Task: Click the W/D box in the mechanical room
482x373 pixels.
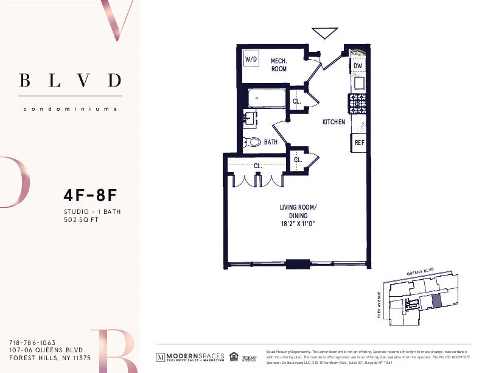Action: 250,59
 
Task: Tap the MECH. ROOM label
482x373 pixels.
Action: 279,65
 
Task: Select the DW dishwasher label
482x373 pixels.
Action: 358,66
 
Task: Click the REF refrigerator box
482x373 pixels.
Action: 359,143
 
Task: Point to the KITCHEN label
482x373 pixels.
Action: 334,122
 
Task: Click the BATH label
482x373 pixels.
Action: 271,142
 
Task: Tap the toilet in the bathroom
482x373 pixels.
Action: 251,142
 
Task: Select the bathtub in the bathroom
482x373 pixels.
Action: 267,98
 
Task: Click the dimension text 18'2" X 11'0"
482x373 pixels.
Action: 298,224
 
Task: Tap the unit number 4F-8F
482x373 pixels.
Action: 89,196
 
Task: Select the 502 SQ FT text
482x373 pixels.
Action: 81,220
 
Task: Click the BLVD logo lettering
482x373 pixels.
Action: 70,80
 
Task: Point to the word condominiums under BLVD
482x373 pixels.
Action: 70,109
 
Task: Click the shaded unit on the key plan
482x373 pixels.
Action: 437,300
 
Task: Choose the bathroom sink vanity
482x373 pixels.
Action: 251,118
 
